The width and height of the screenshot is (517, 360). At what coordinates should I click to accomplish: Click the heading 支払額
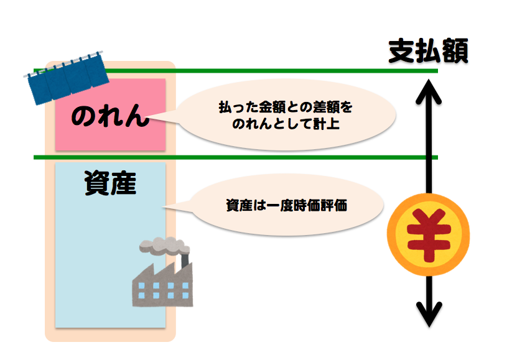[427, 50]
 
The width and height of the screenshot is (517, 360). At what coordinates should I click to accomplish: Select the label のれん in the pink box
[110, 116]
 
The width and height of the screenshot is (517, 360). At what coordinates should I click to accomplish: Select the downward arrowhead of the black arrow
[428, 314]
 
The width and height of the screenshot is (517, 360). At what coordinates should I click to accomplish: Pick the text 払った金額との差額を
[285, 108]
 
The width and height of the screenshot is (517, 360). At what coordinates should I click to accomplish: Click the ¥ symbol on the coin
[427, 235]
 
